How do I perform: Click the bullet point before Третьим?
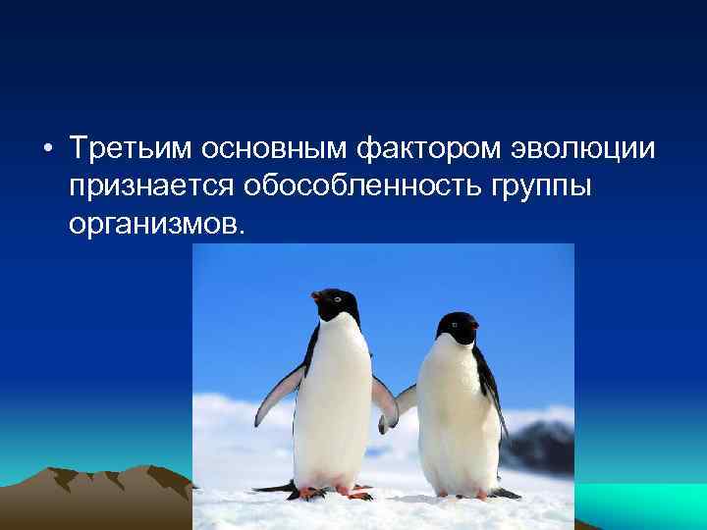coord(47,149)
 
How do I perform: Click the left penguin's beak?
coord(317,294)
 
